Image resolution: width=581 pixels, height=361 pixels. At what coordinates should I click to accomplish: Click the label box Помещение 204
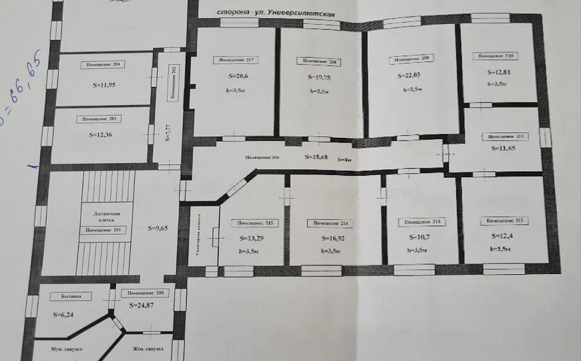(102, 65)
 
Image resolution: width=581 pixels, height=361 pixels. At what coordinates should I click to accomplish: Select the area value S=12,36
(102, 134)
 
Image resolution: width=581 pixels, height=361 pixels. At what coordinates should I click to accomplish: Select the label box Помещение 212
(504, 219)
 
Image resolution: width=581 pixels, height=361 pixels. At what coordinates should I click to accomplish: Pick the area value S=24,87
(143, 304)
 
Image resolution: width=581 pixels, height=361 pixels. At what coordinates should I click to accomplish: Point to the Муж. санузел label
(67, 349)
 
